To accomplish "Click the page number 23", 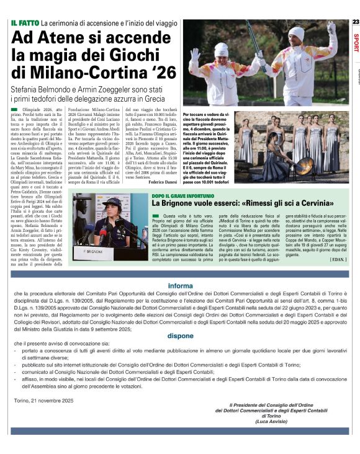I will [355, 22].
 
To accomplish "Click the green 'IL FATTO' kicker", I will [25, 23].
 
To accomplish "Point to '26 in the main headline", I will [151, 73].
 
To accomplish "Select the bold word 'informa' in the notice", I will [180, 286].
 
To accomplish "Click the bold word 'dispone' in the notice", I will [180, 336].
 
